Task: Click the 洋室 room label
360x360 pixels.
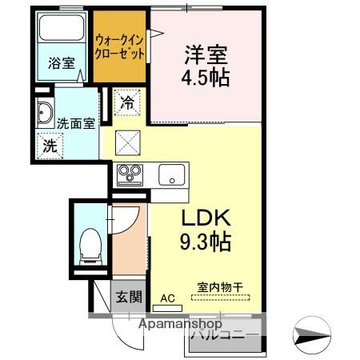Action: coord(206,55)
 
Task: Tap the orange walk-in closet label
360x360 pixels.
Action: coord(120,47)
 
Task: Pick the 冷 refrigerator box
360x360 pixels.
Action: coord(128,102)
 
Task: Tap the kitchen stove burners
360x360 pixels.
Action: coord(130,174)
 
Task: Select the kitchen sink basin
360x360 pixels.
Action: coord(171,174)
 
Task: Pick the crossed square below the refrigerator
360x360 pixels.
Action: coord(128,142)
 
